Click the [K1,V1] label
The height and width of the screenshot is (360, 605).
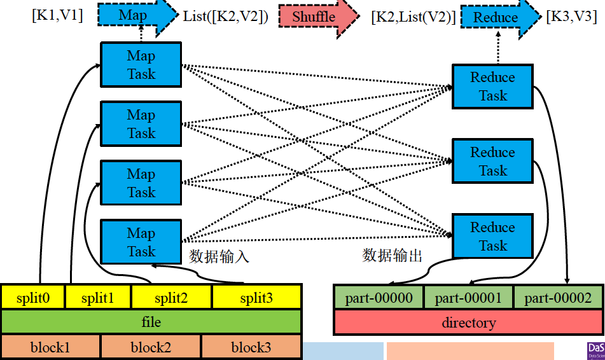[x=57, y=15]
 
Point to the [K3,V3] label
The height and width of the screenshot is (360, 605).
[x=571, y=17]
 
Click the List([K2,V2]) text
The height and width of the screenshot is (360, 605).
[x=225, y=17]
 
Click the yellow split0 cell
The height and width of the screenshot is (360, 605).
[x=32, y=298]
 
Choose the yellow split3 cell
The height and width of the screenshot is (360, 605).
[x=256, y=298]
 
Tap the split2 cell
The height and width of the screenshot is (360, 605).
[x=171, y=298]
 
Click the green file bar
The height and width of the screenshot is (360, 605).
[x=151, y=322]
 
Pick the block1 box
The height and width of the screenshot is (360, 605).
[x=50, y=347]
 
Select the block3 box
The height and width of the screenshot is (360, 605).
[x=251, y=347]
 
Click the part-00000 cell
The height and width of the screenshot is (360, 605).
[x=379, y=298]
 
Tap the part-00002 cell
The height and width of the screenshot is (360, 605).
[x=557, y=298]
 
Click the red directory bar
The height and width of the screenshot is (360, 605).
[x=468, y=322]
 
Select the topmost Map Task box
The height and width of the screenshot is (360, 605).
[x=141, y=65]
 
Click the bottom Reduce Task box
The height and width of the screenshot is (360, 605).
[x=492, y=237]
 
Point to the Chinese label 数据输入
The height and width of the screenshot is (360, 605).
[x=219, y=257]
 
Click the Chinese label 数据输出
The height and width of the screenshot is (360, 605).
[x=392, y=256]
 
